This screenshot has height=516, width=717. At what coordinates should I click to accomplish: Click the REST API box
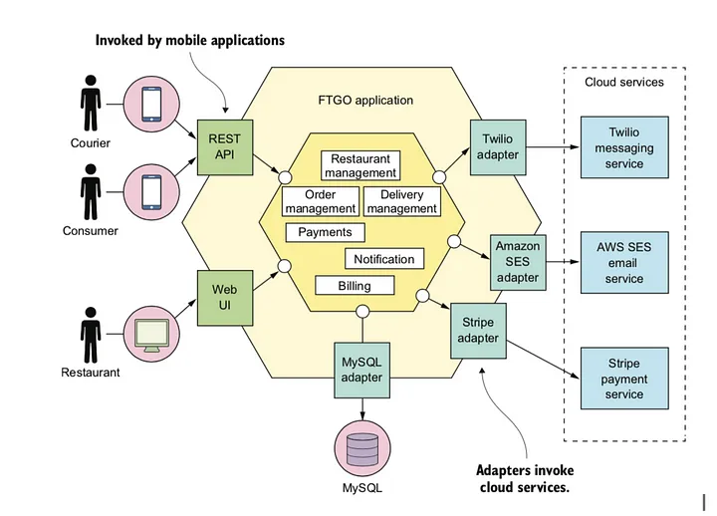tap(225, 147)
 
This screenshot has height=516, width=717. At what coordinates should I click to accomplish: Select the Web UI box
tap(225, 298)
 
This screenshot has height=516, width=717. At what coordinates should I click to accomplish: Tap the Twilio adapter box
tap(498, 147)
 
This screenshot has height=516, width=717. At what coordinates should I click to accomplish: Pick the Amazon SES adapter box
tap(518, 263)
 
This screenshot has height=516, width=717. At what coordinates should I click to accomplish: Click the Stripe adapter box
tap(478, 331)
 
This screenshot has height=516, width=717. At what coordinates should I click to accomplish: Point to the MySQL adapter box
tap(362, 371)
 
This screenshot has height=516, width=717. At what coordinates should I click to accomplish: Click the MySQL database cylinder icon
tap(362, 448)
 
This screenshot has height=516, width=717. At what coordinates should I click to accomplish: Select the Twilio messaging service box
tap(624, 147)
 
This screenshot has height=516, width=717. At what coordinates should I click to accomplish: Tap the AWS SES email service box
tap(624, 263)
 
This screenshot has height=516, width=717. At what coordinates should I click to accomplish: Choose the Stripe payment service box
tap(624, 379)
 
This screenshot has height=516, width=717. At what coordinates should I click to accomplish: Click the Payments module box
tap(325, 232)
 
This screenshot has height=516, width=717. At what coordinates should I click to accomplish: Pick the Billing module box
tap(355, 286)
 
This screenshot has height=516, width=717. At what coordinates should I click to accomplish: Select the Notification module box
tap(384, 259)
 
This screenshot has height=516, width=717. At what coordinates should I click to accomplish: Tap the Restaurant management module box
tap(360, 165)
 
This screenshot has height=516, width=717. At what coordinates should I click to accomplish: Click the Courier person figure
tap(91, 103)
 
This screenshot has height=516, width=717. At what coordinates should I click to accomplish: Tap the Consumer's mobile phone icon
tap(151, 192)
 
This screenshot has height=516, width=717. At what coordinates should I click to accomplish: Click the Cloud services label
tap(624, 83)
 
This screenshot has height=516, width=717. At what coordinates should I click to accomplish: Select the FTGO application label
tap(365, 101)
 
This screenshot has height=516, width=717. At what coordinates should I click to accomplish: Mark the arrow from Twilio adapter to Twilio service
tap(554, 147)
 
